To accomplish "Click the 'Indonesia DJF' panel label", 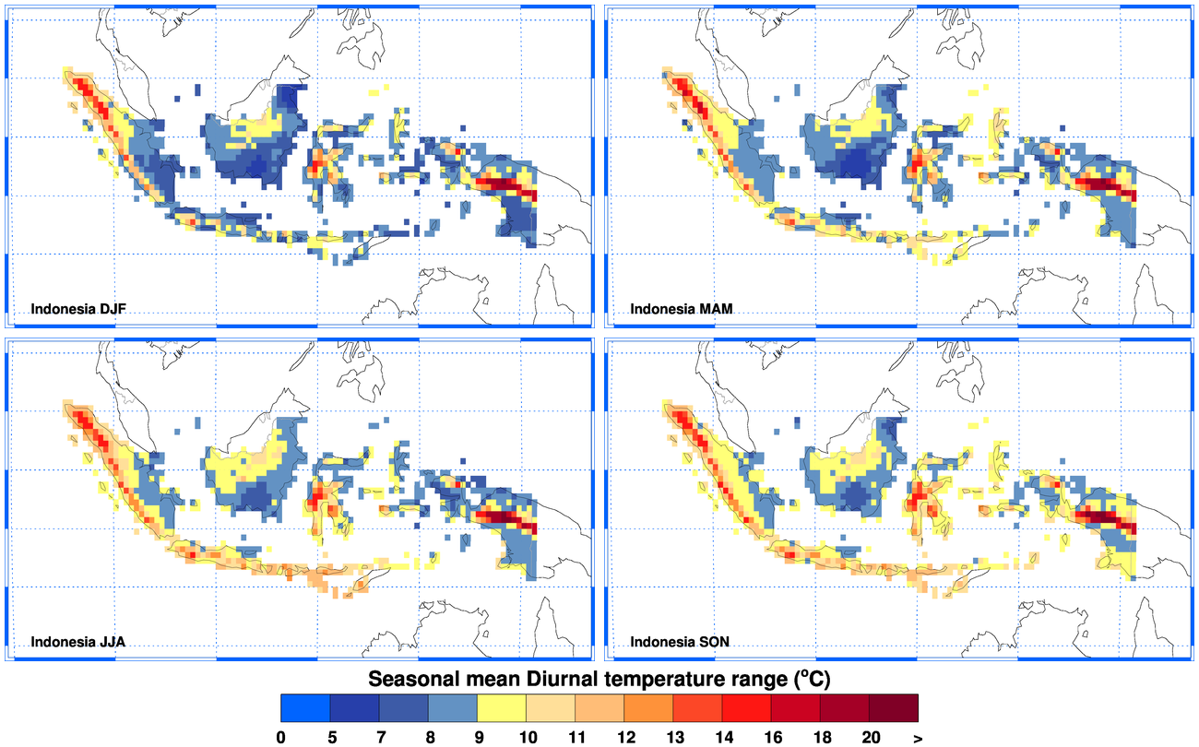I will click(x=77, y=309).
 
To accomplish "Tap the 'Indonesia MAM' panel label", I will click(x=682, y=309).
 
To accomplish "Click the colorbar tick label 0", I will click(x=280, y=736).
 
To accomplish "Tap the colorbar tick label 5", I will click(x=330, y=736).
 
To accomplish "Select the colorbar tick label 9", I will click(x=477, y=736).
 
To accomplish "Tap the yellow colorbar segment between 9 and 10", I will click(x=502, y=707).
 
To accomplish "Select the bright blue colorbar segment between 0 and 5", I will click(x=305, y=707).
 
